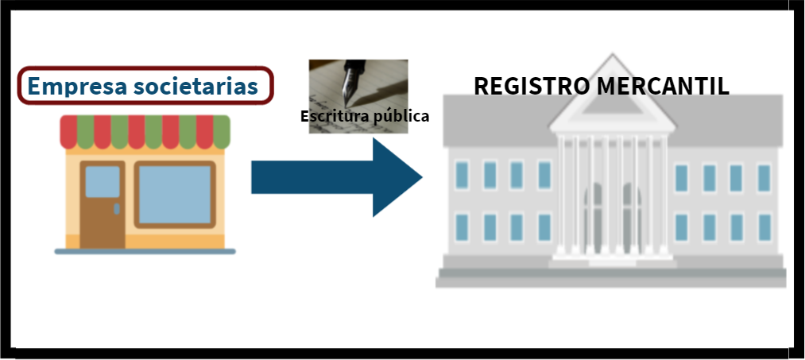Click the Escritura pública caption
click(x=365, y=116)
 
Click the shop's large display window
click(x=175, y=194)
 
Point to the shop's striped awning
click(x=145, y=132)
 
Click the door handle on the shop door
click(x=117, y=208)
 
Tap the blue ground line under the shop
click(x=145, y=251)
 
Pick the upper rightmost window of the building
click(x=764, y=177)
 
